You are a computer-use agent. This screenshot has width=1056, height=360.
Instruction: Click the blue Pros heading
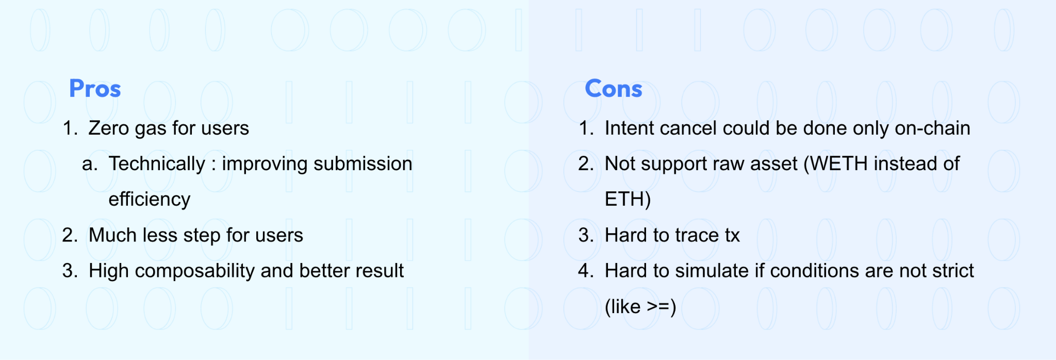(95, 89)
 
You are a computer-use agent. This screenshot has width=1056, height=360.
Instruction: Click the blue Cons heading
(613, 89)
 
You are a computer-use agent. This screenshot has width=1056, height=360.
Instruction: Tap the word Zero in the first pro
(108, 128)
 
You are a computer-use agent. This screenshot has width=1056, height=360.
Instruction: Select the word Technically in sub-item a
(157, 164)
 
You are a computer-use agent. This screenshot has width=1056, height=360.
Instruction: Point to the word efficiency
(149, 200)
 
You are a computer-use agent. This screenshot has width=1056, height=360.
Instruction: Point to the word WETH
(839, 164)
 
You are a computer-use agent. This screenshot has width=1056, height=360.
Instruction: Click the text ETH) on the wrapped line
(628, 200)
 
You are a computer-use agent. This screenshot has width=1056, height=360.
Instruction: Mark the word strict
(952, 271)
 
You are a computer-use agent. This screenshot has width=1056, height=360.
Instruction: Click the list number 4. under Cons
(586, 271)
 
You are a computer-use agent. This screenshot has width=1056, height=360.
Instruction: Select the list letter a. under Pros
(89, 164)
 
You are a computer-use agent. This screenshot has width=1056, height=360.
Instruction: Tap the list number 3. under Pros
(70, 271)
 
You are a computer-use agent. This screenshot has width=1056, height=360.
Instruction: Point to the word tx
(732, 235)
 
